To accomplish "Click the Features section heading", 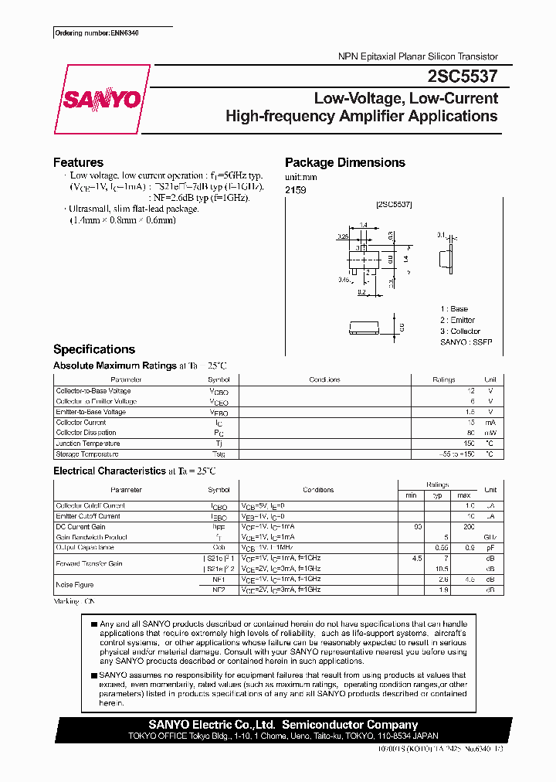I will coord(78,162).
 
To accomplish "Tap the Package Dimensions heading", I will coord(344,162).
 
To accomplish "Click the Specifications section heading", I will coord(93,349).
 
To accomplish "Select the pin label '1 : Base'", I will coord(454,309).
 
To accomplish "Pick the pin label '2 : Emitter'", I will coord(458,320).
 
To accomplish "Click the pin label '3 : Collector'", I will coord(460,331).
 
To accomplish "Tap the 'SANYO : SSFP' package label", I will coord(466,342).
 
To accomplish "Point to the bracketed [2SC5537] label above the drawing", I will coord(394,205).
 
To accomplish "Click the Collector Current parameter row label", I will coord(81,423).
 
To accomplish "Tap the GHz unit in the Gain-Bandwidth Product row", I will coord(490,537).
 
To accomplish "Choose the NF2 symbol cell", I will coord(219,590).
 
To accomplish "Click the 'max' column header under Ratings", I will coord(463,495).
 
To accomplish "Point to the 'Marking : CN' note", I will coord(74,600).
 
